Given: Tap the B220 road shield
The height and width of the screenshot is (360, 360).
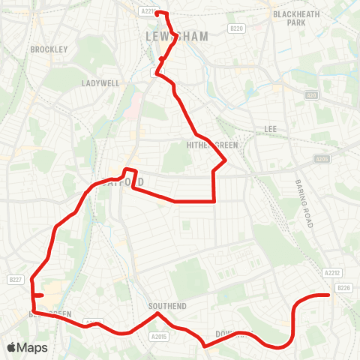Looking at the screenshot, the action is click(x=238, y=28).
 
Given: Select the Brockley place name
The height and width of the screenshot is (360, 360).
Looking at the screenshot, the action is click(x=49, y=49).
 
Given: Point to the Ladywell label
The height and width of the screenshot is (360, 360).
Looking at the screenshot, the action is click(x=100, y=83).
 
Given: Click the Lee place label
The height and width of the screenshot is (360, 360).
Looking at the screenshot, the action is click(x=270, y=129).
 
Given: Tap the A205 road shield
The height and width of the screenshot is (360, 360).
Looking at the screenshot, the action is click(x=322, y=159).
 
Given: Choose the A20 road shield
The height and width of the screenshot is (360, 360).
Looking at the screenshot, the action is click(x=312, y=95).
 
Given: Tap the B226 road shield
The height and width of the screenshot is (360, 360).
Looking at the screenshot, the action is click(x=344, y=287).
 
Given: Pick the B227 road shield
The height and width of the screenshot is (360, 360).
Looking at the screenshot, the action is click(x=14, y=280).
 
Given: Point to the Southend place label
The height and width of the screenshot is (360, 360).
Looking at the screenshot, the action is click(x=162, y=306).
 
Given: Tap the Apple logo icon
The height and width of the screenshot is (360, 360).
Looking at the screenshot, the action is click(x=10, y=347).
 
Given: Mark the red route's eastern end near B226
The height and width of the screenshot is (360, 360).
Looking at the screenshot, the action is click(x=329, y=295).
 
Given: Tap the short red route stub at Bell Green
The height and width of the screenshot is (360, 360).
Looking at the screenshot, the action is click(x=40, y=296).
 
